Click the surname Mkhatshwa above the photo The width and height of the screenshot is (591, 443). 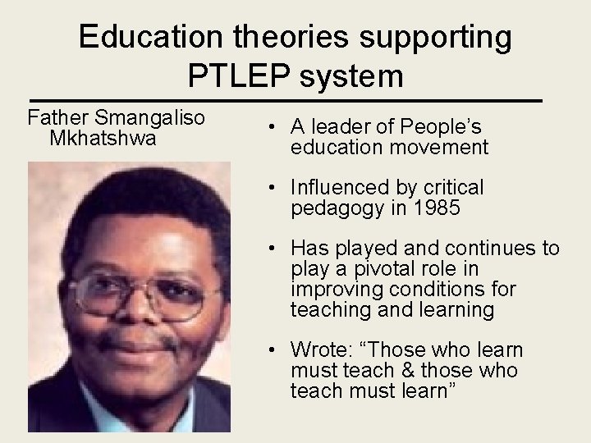coord(103,138)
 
